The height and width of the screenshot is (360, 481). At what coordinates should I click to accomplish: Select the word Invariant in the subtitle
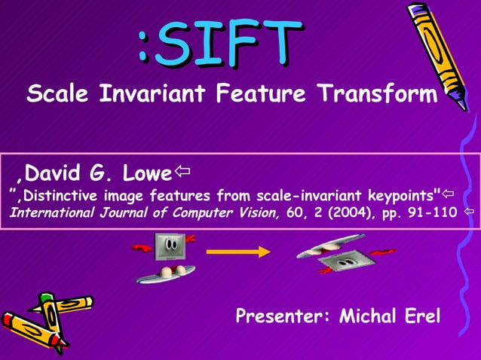153,95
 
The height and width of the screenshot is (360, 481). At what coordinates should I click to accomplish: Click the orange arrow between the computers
237,252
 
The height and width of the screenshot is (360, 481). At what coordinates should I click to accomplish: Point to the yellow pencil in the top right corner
437,53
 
